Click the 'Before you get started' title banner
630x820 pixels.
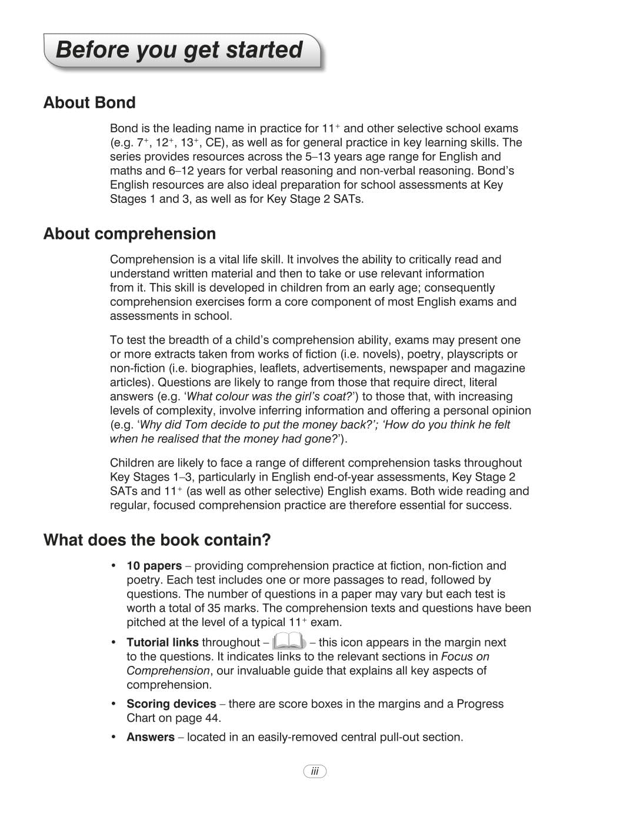click(x=179, y=50)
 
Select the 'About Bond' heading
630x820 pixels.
click(x=89, y=103)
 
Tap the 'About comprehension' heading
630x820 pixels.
click(x=129, y=234)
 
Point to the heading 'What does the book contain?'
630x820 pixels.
click(x=157, y=540)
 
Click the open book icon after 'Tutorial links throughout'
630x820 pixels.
click(x=289, y=641)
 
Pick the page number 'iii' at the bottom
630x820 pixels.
click(x=315, y=771)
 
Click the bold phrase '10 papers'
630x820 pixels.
click(x=154, y=566)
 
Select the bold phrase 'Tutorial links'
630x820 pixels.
click(x=162, y=642)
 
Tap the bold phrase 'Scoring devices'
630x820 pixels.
click(x=171, y=704)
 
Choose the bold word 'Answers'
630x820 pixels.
click(x=151, y=738)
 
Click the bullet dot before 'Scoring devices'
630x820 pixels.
click(x=114, y=704)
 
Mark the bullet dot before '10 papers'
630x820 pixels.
click(x=114, y=565)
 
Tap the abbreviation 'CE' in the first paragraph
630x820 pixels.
click(x=214, y=143)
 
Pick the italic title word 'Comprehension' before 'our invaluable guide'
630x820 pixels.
click(x=168, y=671)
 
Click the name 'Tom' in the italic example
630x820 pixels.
click(x=195, y=425)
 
